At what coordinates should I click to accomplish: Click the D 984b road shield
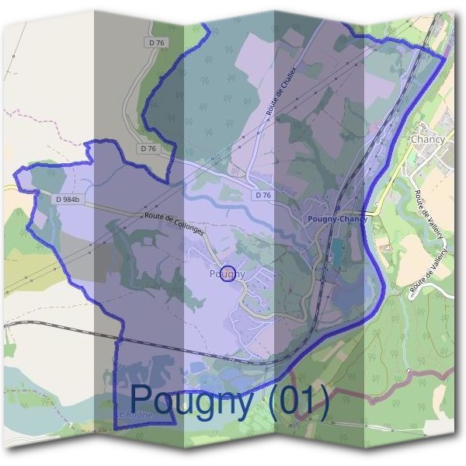(69, 200)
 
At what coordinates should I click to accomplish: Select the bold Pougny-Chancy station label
(337, 220)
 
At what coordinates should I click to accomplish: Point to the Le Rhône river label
(135, 416)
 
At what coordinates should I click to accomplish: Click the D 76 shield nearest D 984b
(148, 148)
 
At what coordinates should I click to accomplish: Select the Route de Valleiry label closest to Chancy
(423, 205)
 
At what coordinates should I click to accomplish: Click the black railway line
(62, 325)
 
